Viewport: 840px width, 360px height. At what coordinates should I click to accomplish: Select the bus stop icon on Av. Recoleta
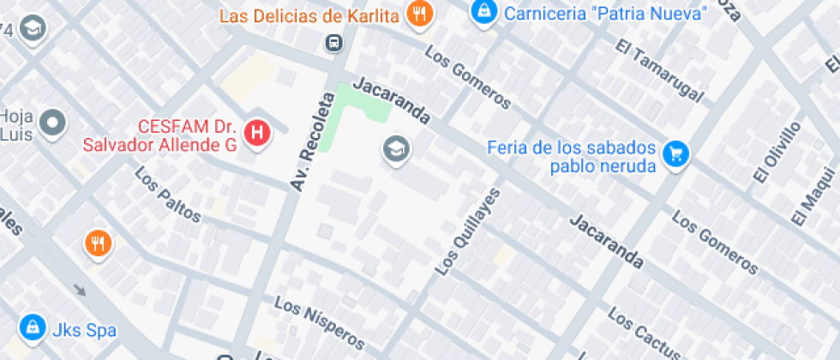click(x=333, y=42)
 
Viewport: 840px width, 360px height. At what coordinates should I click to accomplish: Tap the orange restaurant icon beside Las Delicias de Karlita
click(x=419, y=14)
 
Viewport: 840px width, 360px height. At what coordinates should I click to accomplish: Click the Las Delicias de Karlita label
click(x=309, y=15)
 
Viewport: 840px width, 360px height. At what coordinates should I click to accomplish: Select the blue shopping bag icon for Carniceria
click(x=484, y=12)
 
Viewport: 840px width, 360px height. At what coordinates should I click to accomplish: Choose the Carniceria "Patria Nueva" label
click(x=605, y=14)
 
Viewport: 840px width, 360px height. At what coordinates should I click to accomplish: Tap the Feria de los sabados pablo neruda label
click(x=572, y=156)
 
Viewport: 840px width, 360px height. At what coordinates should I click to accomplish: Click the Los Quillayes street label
click(x=467, y=231)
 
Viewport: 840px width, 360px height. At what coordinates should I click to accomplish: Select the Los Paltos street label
click(x=168, y=195)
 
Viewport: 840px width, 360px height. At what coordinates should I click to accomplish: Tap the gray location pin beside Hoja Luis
click(x=53, y=123)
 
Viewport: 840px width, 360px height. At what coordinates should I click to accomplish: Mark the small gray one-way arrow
click(x=80, y=289)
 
